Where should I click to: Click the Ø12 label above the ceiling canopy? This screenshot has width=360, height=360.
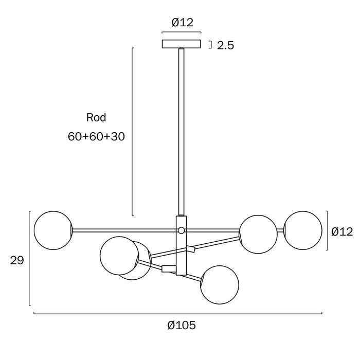[x=182, y=23]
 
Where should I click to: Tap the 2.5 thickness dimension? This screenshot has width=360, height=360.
[x=225, y=45]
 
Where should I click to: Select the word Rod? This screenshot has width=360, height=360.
[x=96, y=118]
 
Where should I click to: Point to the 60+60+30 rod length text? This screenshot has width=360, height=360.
[x=97, y=136]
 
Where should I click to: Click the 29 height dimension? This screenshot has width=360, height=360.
[x=17, y=260]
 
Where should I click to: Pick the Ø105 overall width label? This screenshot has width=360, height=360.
[x=182, y=325]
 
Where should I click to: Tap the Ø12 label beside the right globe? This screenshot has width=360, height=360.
[x=342, y=231]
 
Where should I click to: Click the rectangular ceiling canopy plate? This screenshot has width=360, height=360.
[x=182, y=44]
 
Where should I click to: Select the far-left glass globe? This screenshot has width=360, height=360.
[x=53, y=230]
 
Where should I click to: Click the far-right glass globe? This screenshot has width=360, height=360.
[x=303, y=230]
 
